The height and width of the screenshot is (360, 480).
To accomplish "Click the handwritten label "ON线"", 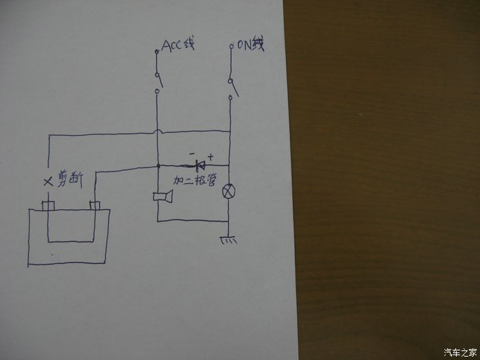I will pos(249,46).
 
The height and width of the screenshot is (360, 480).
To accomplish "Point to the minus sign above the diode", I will pos(193,154).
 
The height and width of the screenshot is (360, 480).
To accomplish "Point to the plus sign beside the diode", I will pos(210,156).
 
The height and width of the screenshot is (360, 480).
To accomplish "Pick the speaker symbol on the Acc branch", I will pos(162,197).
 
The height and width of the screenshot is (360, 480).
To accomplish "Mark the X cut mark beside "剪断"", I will pos(47,182).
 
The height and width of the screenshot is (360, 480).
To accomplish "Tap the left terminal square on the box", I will pos(48,206).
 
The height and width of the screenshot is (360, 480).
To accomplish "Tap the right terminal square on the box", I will pos(95,206).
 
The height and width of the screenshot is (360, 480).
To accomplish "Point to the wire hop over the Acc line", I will pos(158,131).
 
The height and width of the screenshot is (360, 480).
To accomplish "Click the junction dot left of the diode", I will pos(158,166).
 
